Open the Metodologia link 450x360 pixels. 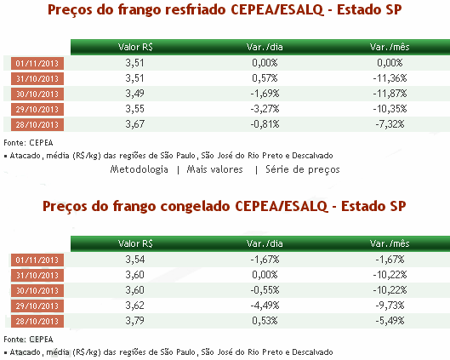click(x=140, y=169)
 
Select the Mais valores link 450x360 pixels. click(x=214, y=169)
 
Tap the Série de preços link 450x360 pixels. click(x=303, y=169)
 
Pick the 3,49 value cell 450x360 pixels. click(x=134, y=94)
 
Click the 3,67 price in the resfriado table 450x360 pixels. click(x=134, y=124)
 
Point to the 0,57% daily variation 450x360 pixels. click(x=265, y=78)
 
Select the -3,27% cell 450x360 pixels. click(x=265, y=109)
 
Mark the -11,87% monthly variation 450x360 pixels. click(x=390, y=94)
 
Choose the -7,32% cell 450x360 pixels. click(x=390, y=124)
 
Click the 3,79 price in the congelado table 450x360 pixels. click(x=134, y=320)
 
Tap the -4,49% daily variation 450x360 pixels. click(x=265, y=306)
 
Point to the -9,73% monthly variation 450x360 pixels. click(x=390, y=306)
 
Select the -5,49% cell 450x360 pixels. click(x=390, y=320)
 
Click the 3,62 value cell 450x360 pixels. click(x=134, y=306)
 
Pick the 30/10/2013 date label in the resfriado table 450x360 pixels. click(x=37, y=94)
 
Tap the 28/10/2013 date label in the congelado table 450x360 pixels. click(x=37, y=321)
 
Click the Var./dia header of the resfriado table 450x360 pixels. click(x=265, y=47)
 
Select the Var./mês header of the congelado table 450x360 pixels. click(x=390, y=243)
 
